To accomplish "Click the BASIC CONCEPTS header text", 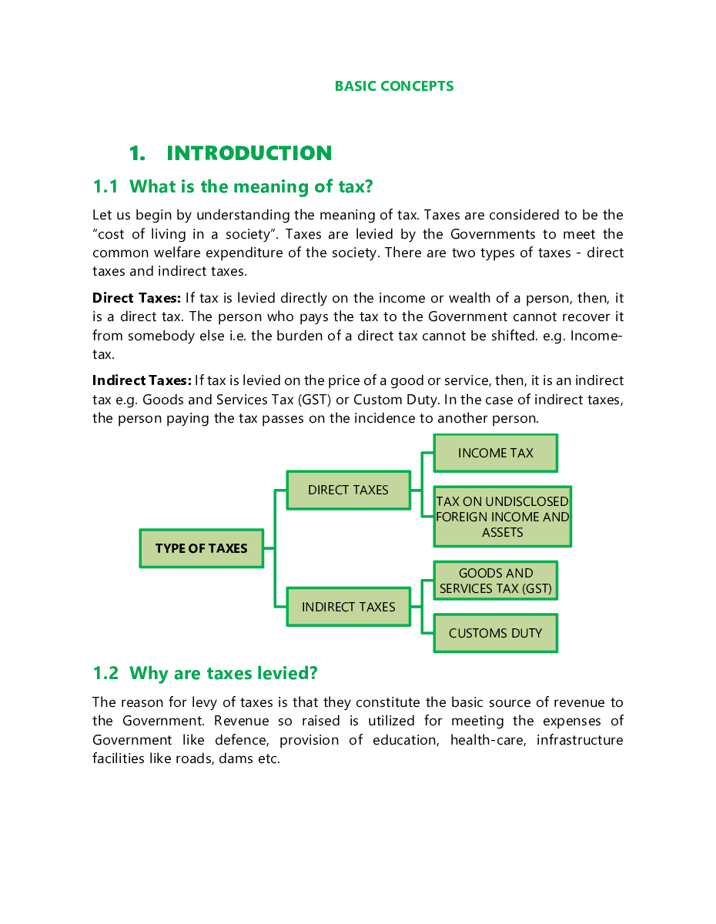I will click(x=393, y=86).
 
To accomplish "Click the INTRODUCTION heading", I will click(x=249, y=153).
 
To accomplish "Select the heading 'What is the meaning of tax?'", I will click(x=251, y=186).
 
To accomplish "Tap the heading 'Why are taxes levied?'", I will click(x=223, y=673).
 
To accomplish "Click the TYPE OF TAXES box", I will click(x=202, y=548).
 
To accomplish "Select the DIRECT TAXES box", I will click(x=348, y=490).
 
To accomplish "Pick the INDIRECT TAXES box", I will click(x=348, y=607).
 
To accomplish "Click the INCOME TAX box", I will click(x=495, y=453).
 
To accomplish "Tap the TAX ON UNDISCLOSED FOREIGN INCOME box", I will click(x=502, y=517).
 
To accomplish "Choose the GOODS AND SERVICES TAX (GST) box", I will click(x=495, y=581).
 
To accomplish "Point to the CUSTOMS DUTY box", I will click(x=495, y=633).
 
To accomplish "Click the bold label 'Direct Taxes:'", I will click(x=136, y=298).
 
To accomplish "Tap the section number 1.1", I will click(x=105, y=186).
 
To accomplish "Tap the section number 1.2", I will click(x=105, y=673).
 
